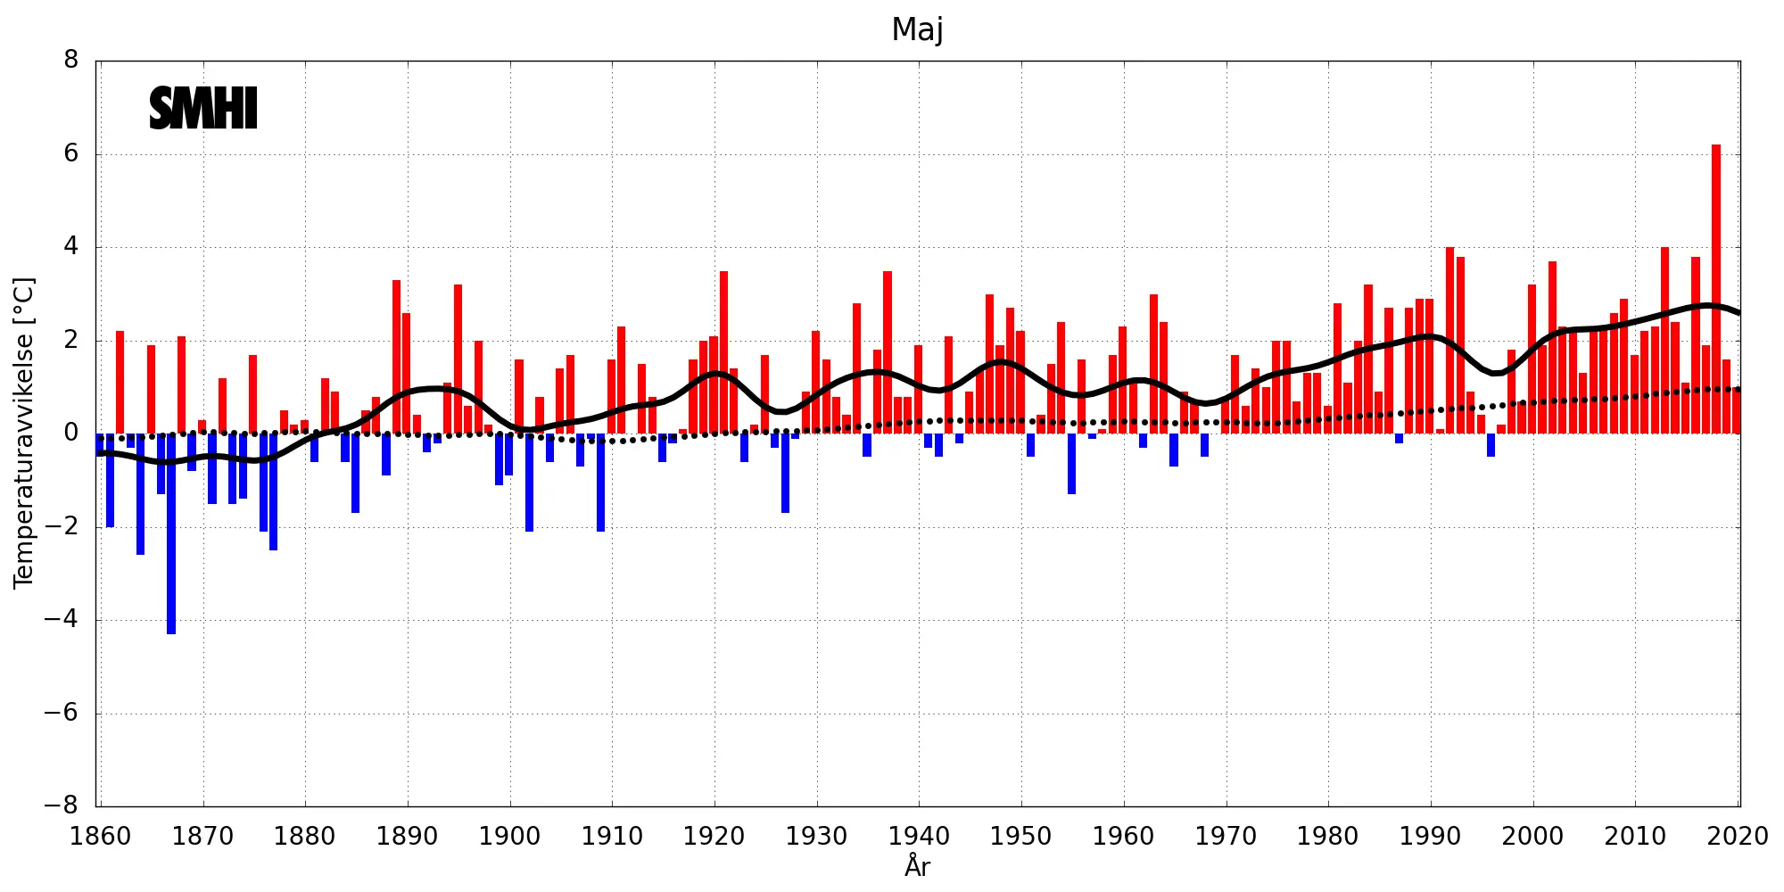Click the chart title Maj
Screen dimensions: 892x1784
pos(917,29)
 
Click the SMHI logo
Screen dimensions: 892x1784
pos(203,108)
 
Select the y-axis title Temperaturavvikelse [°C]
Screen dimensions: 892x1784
pos(24,433)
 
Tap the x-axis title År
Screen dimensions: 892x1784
pos(917,866)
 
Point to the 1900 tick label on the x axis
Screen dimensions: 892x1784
pos(509,837)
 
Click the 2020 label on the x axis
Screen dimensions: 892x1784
pos(1738,837)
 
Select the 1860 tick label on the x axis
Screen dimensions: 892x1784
pos(101,837)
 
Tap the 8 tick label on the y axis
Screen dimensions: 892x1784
pos(71,61)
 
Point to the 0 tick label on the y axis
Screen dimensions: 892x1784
pos(71,434)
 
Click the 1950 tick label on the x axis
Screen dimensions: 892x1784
pos(1021,837)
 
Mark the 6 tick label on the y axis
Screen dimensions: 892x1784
pos(71,153)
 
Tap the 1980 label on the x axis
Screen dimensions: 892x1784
pos(1328,837)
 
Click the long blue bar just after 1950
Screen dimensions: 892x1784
pos(1071,463)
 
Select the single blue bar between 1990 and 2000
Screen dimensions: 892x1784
pos(1491,444)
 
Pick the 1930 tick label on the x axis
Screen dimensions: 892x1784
pos(816,837)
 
